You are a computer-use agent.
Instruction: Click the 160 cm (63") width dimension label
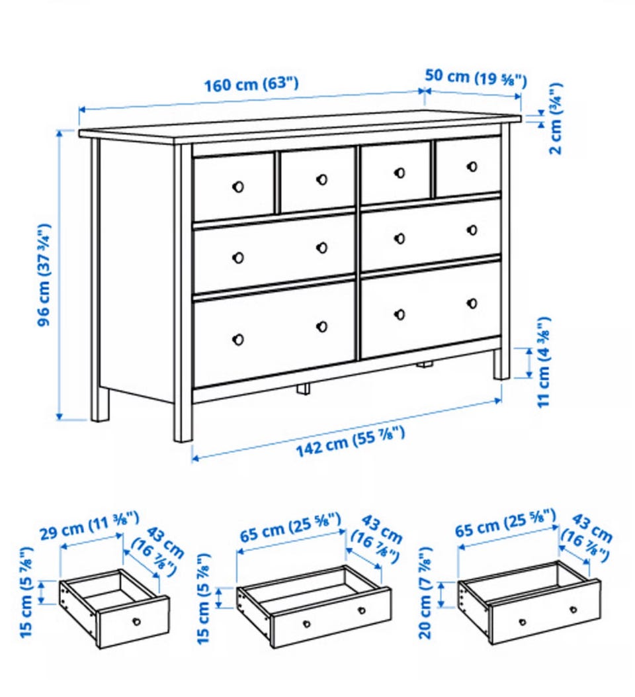click(x=251, y=84)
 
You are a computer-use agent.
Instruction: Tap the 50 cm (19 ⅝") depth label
click(x=476, y=78)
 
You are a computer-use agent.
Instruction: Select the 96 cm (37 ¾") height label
click(x=44, y=275)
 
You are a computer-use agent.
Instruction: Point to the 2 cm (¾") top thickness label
click(x=556, y=118)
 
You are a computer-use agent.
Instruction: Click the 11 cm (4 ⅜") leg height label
click(x=544, y=362)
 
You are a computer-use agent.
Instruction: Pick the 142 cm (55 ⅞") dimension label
click(x=351, y=441)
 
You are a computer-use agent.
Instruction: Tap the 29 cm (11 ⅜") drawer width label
click(x=90, y=525)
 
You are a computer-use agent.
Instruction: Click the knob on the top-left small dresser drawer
click(x=238, y=186)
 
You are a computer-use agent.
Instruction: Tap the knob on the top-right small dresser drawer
click(x=472, y=167)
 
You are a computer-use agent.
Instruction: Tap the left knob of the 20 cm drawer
click(x=523, y=622)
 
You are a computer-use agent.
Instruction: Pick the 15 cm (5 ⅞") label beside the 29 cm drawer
click(x=26, y=592)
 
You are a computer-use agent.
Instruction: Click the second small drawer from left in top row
click(x=317, y=180)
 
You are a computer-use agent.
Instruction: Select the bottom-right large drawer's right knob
click(x=472, y=304)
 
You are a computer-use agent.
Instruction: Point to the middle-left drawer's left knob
click(x=238, y=257)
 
